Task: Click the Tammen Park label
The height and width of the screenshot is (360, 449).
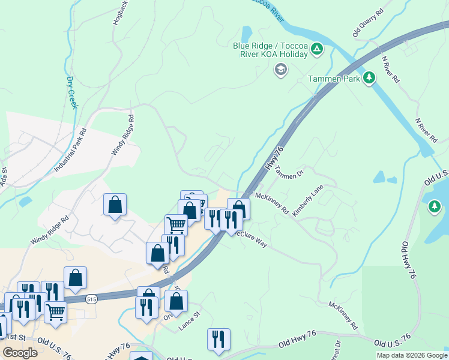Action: (334, 79)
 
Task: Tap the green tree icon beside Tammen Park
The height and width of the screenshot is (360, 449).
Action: (370, 78)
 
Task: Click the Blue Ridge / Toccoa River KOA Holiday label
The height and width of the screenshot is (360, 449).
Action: (270, 49)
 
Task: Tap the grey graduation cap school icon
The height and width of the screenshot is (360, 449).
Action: (280, 70)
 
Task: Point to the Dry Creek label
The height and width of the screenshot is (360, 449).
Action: (72, 92)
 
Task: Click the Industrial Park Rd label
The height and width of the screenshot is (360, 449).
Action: (71, 151)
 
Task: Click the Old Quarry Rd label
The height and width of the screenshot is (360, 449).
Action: (367, 23)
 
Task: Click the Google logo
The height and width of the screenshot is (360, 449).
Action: (20, 353)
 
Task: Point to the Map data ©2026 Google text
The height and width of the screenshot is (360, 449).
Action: (411, 355)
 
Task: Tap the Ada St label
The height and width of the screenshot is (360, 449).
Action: (4, 177)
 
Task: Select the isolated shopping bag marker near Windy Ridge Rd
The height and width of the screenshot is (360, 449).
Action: (115, 205)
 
